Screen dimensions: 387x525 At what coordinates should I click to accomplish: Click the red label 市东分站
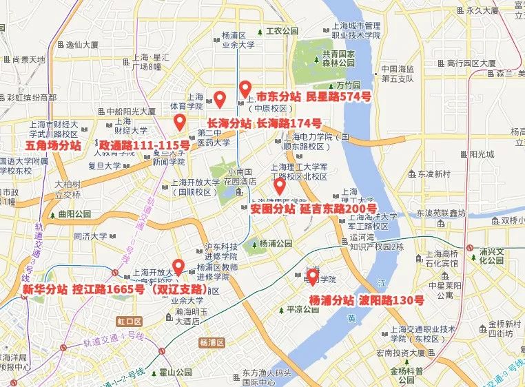pyautogui.click(x=278, y=97)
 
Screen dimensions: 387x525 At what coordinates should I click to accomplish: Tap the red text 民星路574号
pyautogui.click(x=338, y=97)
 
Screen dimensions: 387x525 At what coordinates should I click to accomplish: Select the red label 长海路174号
pyautogui.click(x=289, y=123)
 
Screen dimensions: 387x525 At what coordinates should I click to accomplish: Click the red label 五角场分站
pyautogui.click(x=53, y=146)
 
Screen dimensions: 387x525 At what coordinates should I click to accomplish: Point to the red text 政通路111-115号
pyautogui.click(x=144, y=146)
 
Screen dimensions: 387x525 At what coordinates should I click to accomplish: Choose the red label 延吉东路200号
pyautogui.click(x=338, y=208)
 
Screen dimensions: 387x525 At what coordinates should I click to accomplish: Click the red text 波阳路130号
pyautogui.click(x=391, y=301)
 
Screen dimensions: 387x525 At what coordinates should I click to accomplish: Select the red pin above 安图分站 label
pyautogui.click(x=279, y=186)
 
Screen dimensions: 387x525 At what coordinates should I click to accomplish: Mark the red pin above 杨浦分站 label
pyautogui.click(x=312, y=277)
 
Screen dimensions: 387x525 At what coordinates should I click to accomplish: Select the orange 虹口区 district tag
pyautogui.click(x=128, y=322)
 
